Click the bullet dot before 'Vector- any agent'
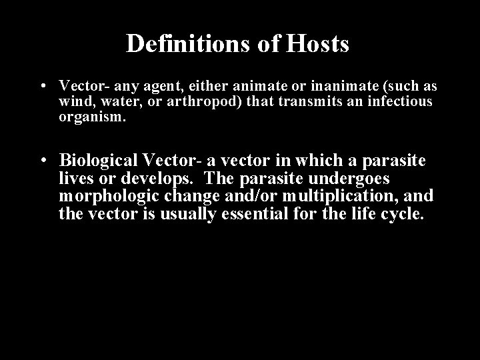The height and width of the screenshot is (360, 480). click(x=42, y=87)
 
